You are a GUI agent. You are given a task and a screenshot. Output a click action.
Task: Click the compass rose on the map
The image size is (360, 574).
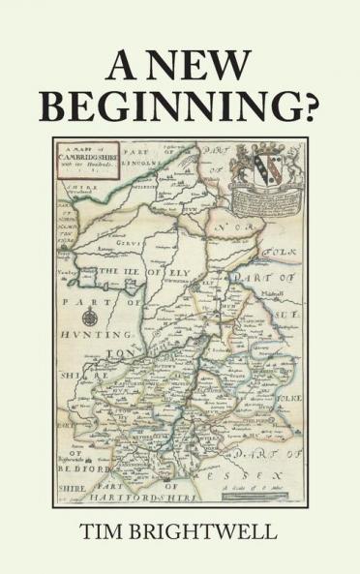[90, 317]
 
